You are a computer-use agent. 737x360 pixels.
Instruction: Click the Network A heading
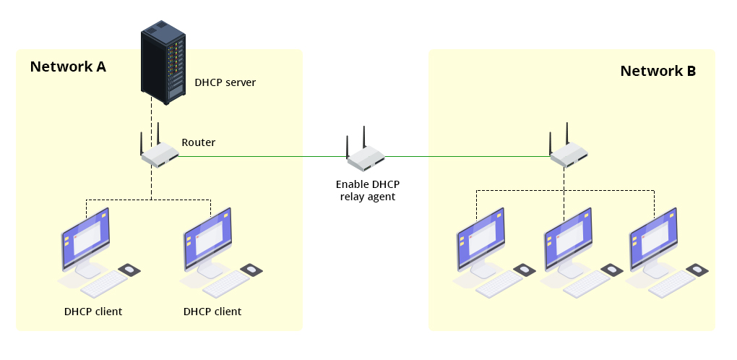[68, 67]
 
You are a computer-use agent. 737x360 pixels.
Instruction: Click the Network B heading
[658, 71]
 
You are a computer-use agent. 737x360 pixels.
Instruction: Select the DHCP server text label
[225, 83]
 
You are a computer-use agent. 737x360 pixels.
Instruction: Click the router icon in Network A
[159, 153]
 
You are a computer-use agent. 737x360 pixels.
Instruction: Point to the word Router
[198, 142]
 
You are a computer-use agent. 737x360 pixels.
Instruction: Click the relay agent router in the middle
[366, 155]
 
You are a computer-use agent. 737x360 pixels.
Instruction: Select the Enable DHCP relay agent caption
[368, 190]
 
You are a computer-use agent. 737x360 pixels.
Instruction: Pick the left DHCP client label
[92, 312]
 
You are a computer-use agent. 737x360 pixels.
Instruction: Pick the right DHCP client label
[212, 312]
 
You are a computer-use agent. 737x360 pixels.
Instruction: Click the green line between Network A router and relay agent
[260, 155]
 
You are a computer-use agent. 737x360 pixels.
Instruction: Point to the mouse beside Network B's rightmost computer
[697, 270]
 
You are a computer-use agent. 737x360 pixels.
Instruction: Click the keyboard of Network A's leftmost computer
[103, 285]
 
